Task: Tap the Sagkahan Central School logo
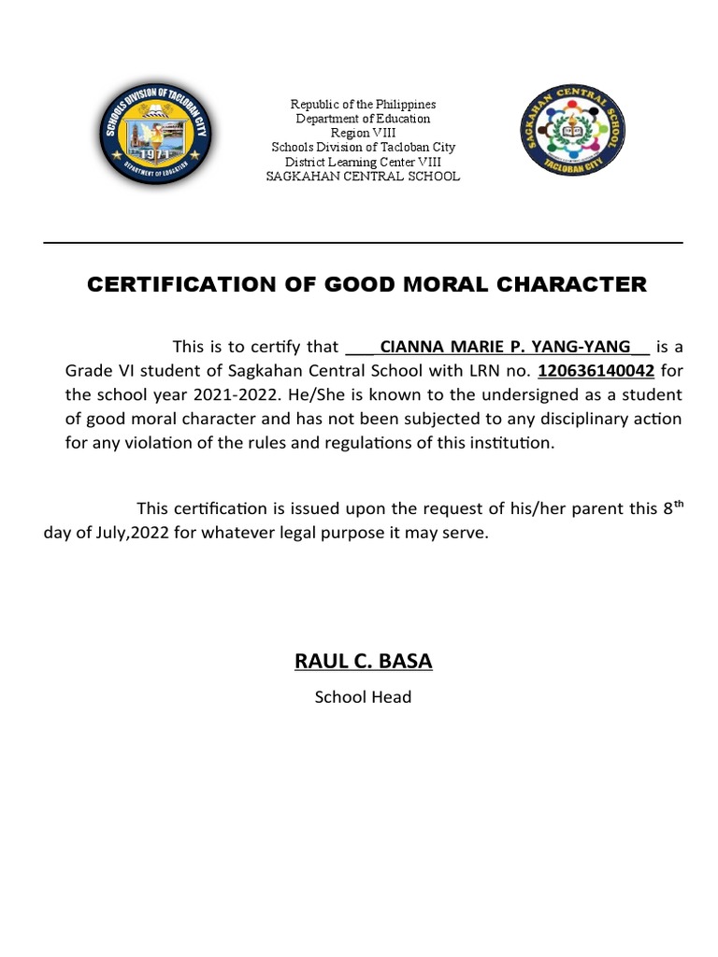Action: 569,136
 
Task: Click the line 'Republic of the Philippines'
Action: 363,104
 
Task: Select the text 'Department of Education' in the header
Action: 363,119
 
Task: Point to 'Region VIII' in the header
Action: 363,133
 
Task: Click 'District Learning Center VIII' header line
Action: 363,162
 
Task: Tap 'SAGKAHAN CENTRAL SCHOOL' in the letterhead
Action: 363,177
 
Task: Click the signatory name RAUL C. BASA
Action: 364,663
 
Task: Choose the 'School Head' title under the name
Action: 363,697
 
